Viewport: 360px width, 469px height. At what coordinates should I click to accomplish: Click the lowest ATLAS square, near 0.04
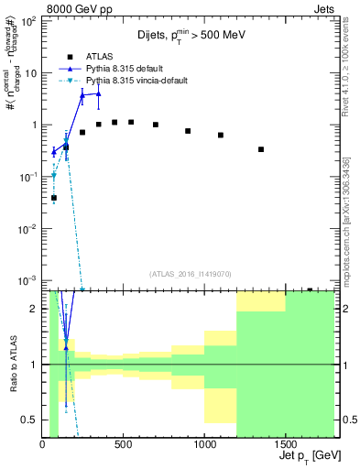pyautogui.click(x=54, y=198)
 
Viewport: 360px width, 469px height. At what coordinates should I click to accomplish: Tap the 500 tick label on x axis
pyautogui.click(x=123, y=446)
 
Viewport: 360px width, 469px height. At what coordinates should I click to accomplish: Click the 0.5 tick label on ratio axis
pyautogui.click(x=29, y=420)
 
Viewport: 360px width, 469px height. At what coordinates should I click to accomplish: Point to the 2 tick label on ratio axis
pyautogui.click(x=34, y=309)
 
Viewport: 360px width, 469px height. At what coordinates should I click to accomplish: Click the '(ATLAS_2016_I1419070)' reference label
pyautogui.click(x=190, y=274)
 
